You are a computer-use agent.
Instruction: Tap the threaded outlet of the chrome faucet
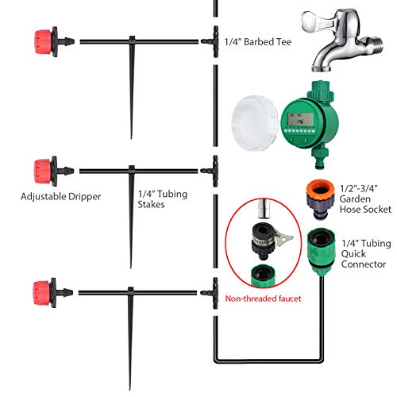point(375,46)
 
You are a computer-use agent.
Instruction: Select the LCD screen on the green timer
point(300,120)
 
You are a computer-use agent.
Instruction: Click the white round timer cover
point(255,123)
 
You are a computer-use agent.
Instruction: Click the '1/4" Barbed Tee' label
point(258,42)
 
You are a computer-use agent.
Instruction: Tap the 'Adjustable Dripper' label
point(61,197)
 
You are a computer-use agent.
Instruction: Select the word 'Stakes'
point(151,205)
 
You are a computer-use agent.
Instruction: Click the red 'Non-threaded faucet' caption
point(263,299)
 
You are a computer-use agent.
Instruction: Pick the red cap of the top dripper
point(43,42)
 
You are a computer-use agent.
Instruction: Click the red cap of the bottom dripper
point(42,293)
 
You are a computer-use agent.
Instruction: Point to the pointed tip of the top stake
point(131,138)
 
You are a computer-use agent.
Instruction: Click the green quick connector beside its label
point(322,252)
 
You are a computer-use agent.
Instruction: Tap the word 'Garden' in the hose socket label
point(355,198)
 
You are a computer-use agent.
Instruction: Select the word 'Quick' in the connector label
point(353,254)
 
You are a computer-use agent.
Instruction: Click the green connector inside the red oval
point(264,276)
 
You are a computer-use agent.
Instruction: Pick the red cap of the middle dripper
point(43,172)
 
